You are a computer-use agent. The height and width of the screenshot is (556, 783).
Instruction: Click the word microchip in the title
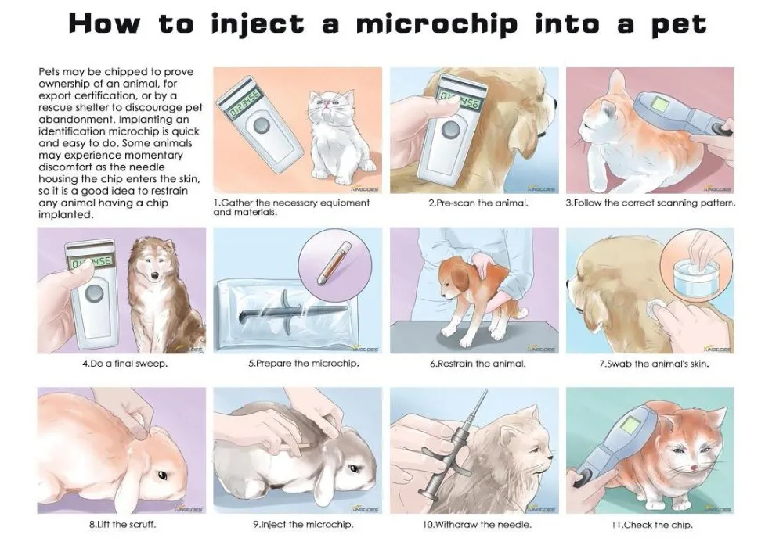[436, 25]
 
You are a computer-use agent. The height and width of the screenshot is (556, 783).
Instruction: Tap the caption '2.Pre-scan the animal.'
[478, 203]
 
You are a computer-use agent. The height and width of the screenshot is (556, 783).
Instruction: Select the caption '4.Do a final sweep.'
[124, 364]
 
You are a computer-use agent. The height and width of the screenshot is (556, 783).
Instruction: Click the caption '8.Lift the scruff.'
[122, 525]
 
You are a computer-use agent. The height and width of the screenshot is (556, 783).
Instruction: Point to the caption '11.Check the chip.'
[651, 525]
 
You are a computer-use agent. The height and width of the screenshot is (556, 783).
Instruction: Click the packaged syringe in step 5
[291, 310]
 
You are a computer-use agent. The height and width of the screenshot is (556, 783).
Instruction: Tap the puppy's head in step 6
[452, 278]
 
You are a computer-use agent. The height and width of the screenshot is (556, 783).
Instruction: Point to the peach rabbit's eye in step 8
[162, 475]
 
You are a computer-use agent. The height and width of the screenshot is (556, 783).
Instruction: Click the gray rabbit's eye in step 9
[355, 468]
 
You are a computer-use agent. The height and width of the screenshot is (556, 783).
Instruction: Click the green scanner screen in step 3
[662, 104]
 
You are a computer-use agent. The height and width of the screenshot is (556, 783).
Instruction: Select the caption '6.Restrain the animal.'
[478, 364]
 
